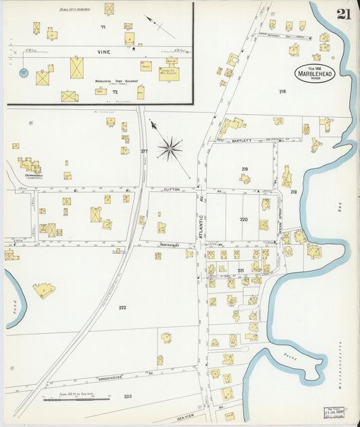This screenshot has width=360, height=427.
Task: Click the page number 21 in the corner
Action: (x=343, y=14)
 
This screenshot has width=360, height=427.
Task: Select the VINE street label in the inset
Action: (x=103, y=52)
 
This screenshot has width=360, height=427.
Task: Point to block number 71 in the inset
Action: (x=103, y=27)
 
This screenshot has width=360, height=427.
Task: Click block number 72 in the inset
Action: (x=115, y=91)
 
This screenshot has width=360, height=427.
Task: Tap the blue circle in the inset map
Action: (x=24, y=72)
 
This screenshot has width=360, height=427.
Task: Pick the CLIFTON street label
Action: (x=172, y=191)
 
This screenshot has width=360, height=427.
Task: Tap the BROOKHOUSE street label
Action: (x=111, y=379)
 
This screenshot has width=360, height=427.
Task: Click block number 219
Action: (x=244, y=170)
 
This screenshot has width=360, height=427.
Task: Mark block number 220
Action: (x=243, y=220)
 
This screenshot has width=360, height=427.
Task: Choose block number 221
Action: (x=240, y=270)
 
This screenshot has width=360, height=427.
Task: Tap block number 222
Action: (x=122, y=307)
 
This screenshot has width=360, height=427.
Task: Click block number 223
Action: (x=128, y=397)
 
